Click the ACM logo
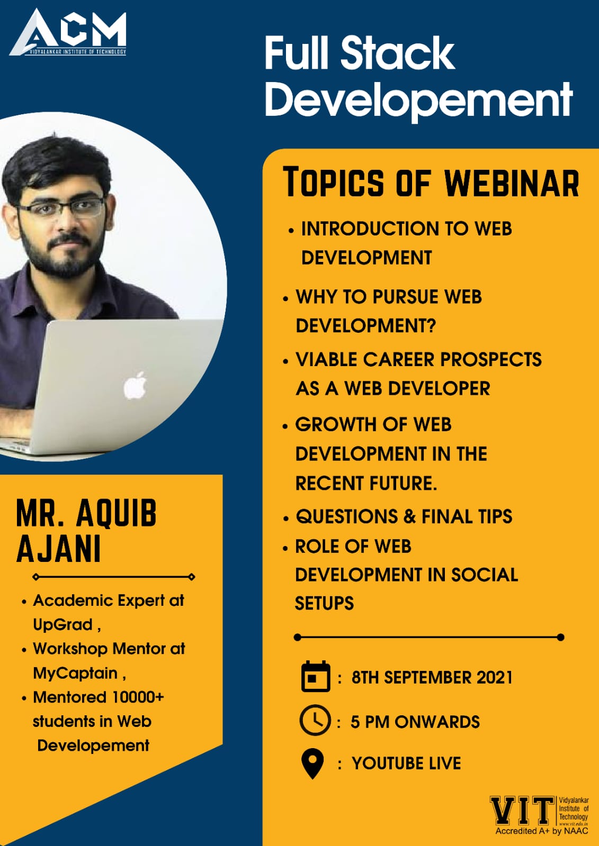[x=68, y=32]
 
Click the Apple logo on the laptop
[x=135, y=386]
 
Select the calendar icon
[x=316, y=676]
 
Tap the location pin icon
[x=312, y=763]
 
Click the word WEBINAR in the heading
[x=512, y=184]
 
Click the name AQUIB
[x=116, y=513]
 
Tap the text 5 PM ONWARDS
[x=415, y=722]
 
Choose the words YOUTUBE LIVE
[x=407, y=763]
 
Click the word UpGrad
[x=63, y=625]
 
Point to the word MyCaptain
[x=75, y=674]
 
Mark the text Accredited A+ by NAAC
[x=542, y=831]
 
